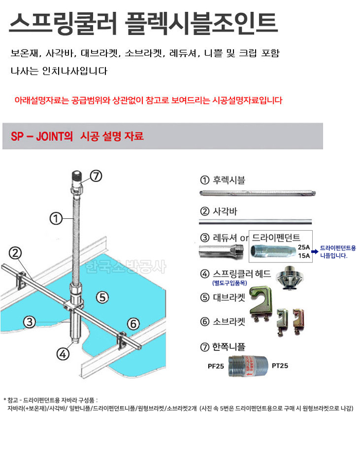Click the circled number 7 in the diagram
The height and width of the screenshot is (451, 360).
click(x=96, y=176)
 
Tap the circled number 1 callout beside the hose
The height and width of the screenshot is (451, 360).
click(x=56, y=219)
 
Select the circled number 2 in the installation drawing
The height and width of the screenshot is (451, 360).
click(x=15, y=253)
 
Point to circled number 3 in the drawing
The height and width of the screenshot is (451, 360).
click(x=29, y=322)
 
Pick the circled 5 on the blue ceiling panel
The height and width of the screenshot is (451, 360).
click(x=133, y=324)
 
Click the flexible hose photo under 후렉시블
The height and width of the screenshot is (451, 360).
click(x=258, y=193)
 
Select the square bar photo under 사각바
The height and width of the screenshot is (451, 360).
click(x=256, y=222)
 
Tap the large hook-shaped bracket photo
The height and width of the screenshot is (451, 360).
click(x=261, y=302)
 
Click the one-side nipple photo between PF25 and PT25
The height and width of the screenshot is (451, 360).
click(x=248, y=366)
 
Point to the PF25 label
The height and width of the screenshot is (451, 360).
click(x=216, y=366)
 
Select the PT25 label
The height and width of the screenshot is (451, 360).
click(x=280, y=366)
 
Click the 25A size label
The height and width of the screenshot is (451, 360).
click(x=304, y=247)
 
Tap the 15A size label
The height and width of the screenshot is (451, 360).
click(x=304, y=256)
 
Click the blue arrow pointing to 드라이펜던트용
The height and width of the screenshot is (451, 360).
click(x=315, y=251)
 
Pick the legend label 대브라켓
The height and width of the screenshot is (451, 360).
click(x=229, y=298)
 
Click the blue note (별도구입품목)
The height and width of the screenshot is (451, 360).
click(x=229, y=283)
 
